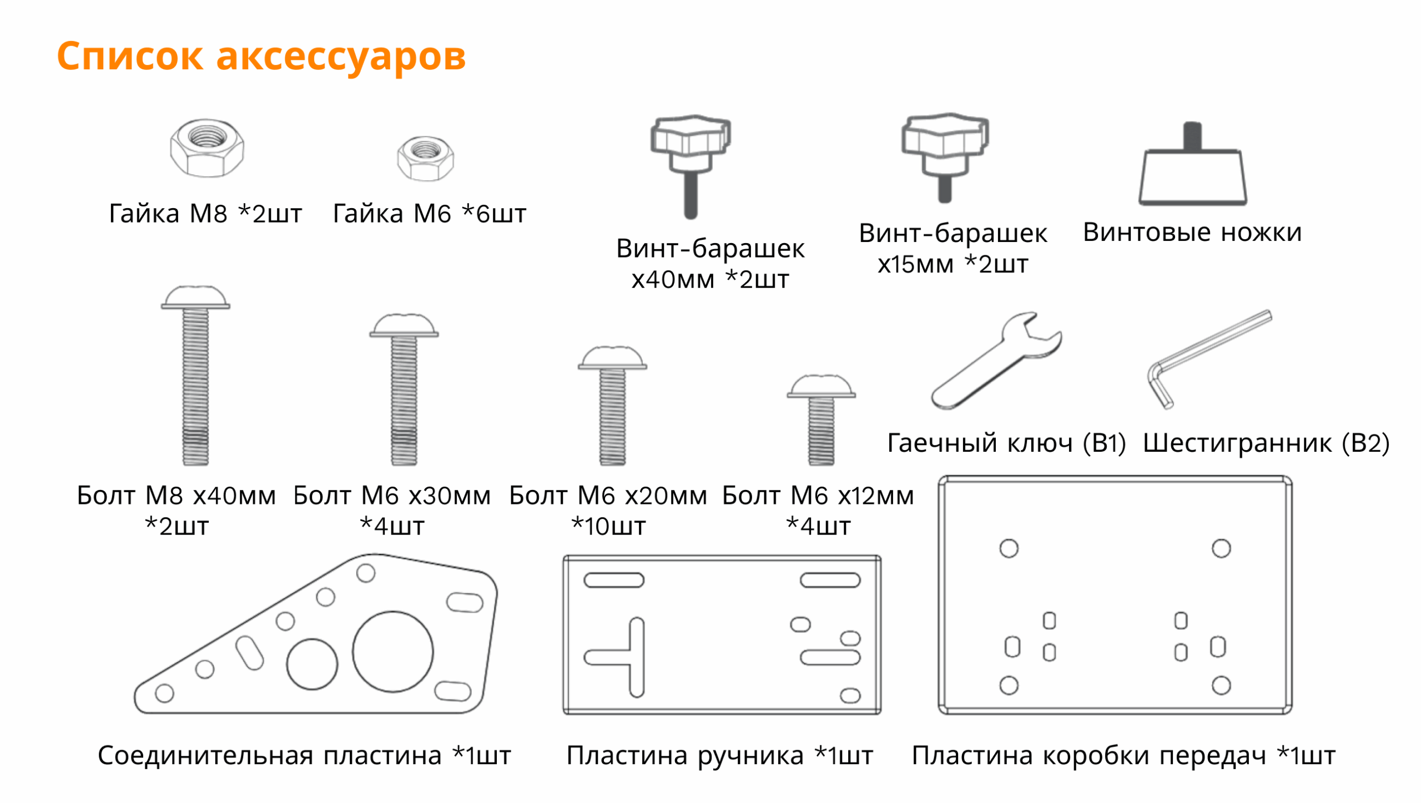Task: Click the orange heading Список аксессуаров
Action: coord(261,57)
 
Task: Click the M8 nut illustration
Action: coord(207,148)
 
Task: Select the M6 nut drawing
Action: coord(425,159)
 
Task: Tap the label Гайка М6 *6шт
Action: coord(429,214)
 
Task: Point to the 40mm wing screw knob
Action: coord(691,166)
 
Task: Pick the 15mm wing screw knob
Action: coord(945,158)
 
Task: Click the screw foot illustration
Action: coord(1192,164)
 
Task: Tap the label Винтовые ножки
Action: coord(1192,232)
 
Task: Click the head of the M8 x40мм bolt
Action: coord(195,297)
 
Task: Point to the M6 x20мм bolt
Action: coord(612,406)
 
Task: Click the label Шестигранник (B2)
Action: coord(1266,443)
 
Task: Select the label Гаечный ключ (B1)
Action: coord(1006,443)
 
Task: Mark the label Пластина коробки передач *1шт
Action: coord(1123,756)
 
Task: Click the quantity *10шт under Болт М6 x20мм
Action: coord(608,526)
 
